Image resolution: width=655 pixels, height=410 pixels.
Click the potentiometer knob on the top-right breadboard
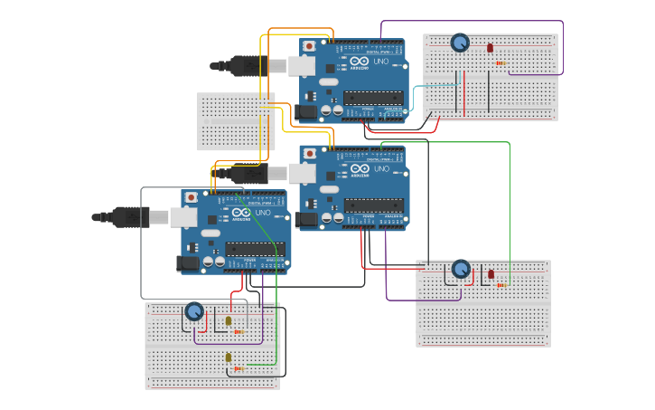tap(460, 43)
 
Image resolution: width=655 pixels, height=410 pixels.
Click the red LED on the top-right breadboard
tap(490, 47)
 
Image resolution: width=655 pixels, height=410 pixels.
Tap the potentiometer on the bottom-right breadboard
tap(461, 269)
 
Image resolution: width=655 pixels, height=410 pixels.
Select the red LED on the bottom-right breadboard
tap(491, 273)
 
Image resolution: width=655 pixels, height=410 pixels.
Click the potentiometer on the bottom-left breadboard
tap(194, 311)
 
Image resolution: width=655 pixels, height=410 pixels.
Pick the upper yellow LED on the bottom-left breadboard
tap(229, 320)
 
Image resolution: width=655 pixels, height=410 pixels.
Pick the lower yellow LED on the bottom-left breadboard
tap(229, 358)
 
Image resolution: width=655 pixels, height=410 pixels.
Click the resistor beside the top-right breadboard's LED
tap(500, 62)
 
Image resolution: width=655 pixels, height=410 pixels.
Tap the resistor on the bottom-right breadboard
tap(501, 285)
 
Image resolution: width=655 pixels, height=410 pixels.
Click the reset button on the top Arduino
tap(309, 46)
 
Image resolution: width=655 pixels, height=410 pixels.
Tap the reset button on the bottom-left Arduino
tap(191, 197)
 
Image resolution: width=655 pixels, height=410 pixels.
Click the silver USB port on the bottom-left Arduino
tap(183, 216)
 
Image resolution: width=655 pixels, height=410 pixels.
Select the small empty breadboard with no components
tap(236, 121)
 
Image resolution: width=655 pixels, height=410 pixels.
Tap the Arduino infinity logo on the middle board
tap(360, 169)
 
